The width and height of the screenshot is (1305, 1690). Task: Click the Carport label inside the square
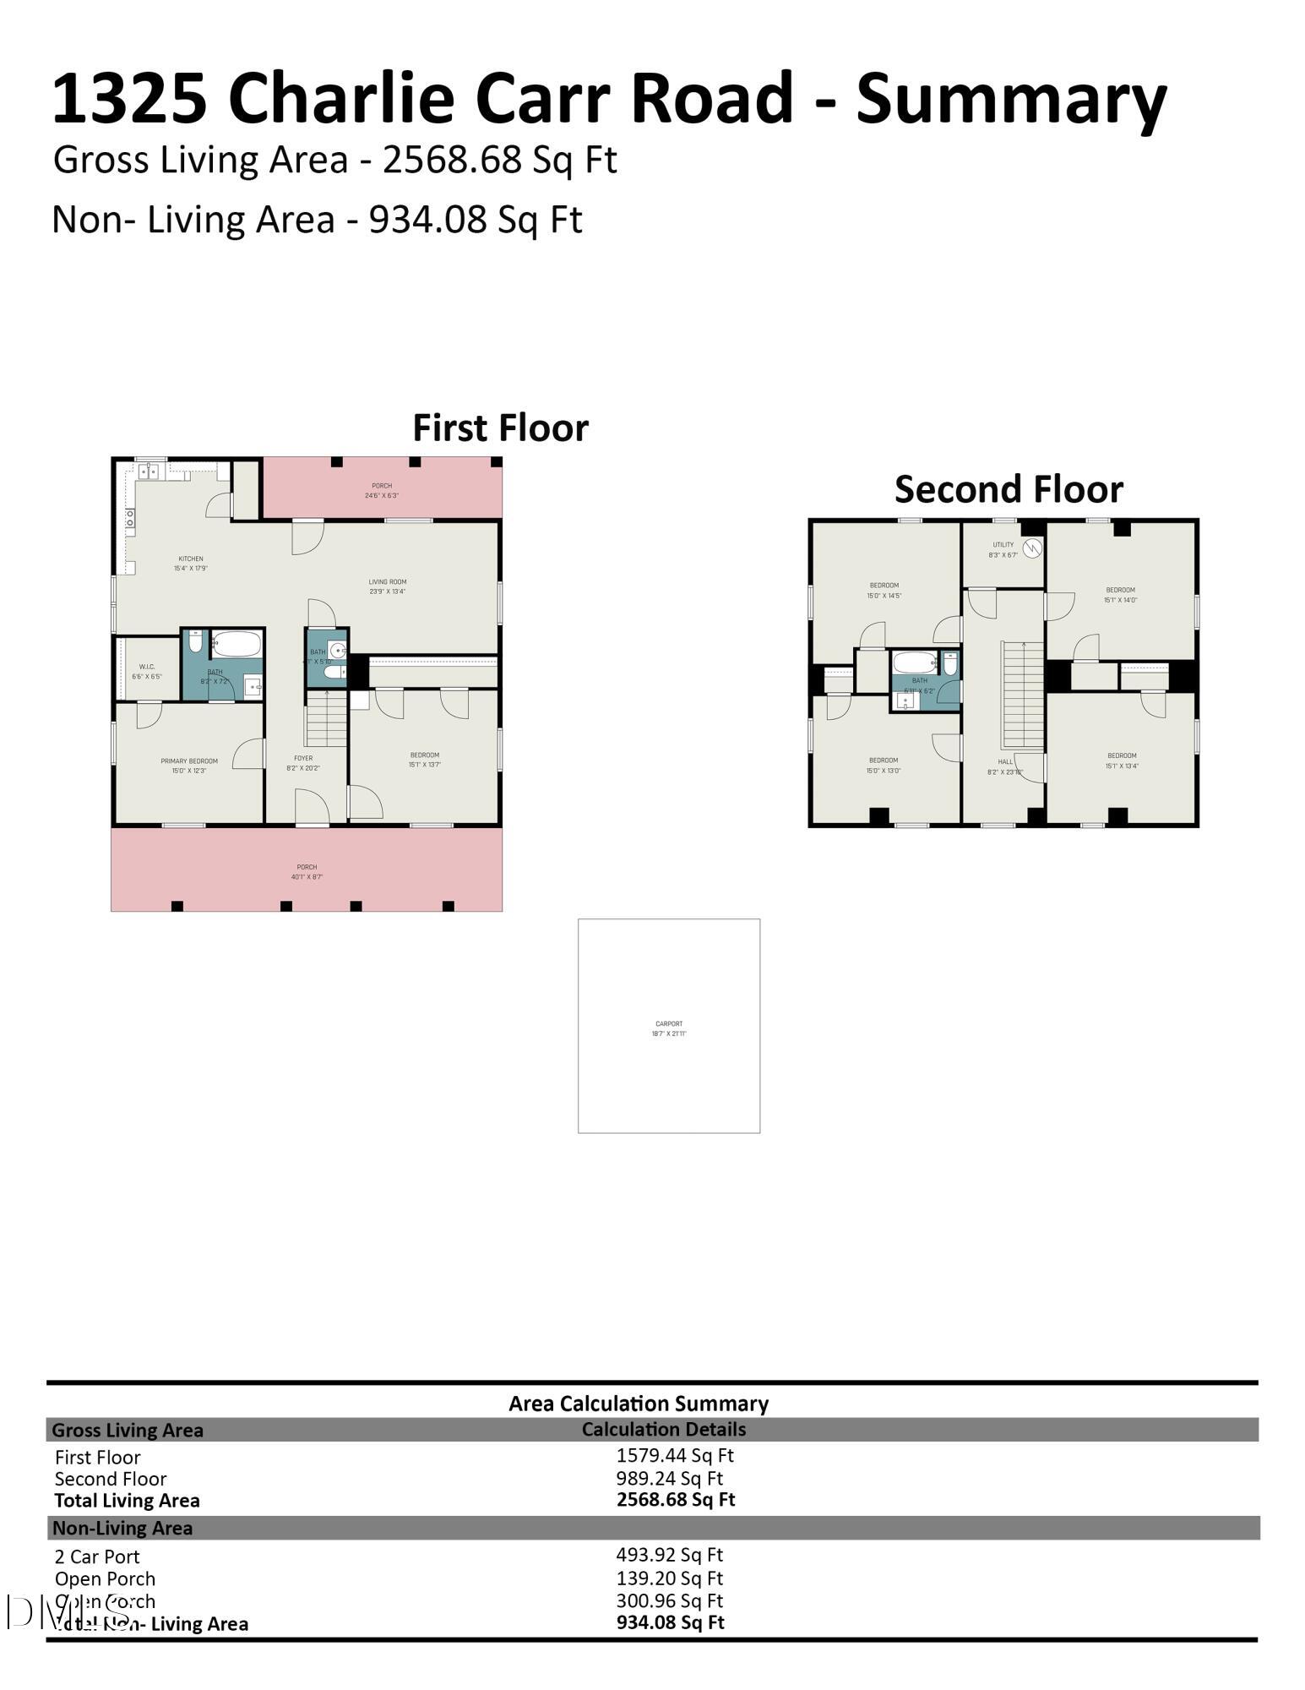coord(669,1028)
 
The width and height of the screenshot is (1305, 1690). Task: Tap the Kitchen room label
coord(191,563)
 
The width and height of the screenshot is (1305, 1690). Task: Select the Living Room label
coord(388,586)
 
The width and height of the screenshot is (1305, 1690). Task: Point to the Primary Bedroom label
coord(189,765)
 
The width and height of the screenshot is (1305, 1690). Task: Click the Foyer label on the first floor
coord(303,762)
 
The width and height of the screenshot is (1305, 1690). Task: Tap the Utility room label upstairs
coord(1003,549)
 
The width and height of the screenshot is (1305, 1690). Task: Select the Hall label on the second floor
coord(1004,766)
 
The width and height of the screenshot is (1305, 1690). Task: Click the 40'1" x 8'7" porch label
coord(307,871)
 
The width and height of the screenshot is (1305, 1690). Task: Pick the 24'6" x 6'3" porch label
coord(382,490)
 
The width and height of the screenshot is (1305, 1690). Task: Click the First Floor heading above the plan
coord(500,428)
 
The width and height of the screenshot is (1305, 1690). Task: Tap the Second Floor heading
coord(1009,489)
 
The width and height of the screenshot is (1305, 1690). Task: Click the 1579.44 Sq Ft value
coord(675,1455)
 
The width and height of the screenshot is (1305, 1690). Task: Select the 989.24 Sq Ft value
coord(670,1478)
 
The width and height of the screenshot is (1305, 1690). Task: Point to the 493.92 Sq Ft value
coord(670,1554)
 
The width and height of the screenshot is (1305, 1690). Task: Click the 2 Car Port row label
coord(97,1556)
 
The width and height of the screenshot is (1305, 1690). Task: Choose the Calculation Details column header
coord(663,1429)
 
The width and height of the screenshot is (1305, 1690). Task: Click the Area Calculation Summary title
coord(639,1404)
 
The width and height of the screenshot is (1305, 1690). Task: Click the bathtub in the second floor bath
coord(916,662)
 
